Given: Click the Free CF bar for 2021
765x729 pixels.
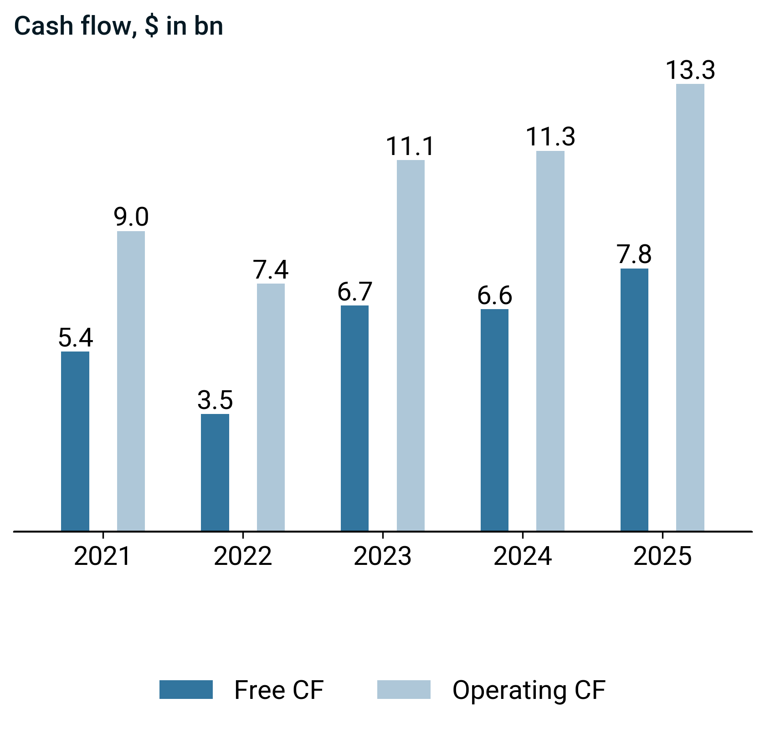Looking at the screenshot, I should (x=75, y=441).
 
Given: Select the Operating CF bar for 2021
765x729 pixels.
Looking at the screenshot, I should (x=131, y=381).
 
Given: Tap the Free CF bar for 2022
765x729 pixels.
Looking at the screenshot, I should (x=215, y=472).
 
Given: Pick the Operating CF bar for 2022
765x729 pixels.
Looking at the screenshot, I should (x=271, y=407).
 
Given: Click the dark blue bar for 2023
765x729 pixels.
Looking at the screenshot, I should (x=354, y=418).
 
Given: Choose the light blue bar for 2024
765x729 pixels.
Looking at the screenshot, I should (x=550, y=341).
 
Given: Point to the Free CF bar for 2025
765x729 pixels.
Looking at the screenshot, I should (x=634, y=399).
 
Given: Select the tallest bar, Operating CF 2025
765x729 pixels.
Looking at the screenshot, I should (x=690, y=307).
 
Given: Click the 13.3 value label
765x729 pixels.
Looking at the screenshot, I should (x=690, y=71).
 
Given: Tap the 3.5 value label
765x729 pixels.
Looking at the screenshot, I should (x=215, y=400).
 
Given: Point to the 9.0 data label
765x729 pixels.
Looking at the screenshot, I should (x=131, y=217).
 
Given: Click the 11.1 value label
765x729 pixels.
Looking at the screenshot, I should (x=411, y=146).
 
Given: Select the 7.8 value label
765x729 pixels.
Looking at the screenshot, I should (x=634, y=254).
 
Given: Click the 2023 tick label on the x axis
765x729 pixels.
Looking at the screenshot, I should (x=382, y=557).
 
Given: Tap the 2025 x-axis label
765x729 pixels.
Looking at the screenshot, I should (x=662, y=557).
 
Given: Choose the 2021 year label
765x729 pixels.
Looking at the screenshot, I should (x=103, y=557).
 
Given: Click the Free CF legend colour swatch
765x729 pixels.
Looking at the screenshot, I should (x=186, y=689).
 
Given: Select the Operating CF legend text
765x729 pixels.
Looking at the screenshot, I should (x=529, y=690).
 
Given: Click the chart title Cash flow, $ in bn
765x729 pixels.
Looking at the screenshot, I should (x=118, y=26).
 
